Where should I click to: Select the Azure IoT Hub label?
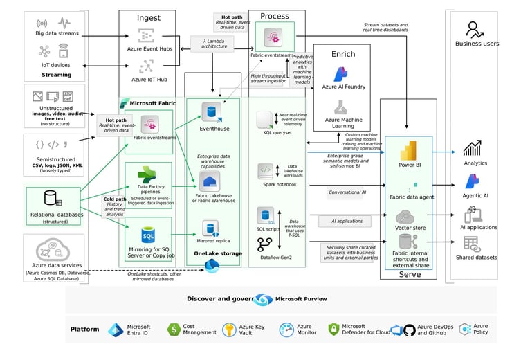pyautogui.click(x=146, y=80)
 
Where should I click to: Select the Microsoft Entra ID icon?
pyautogui.click(x=115, y=330)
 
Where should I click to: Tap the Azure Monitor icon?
pyautogui.click(x=287, y=330)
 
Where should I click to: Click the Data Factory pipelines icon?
pyautogui.click(x=147, y=175)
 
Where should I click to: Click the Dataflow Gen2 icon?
pyautogui.click(x=265, y=244)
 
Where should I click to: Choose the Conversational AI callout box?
pyautogui.click(x=347, y=192)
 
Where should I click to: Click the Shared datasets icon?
pyautogui.click(x=472, y=244)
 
